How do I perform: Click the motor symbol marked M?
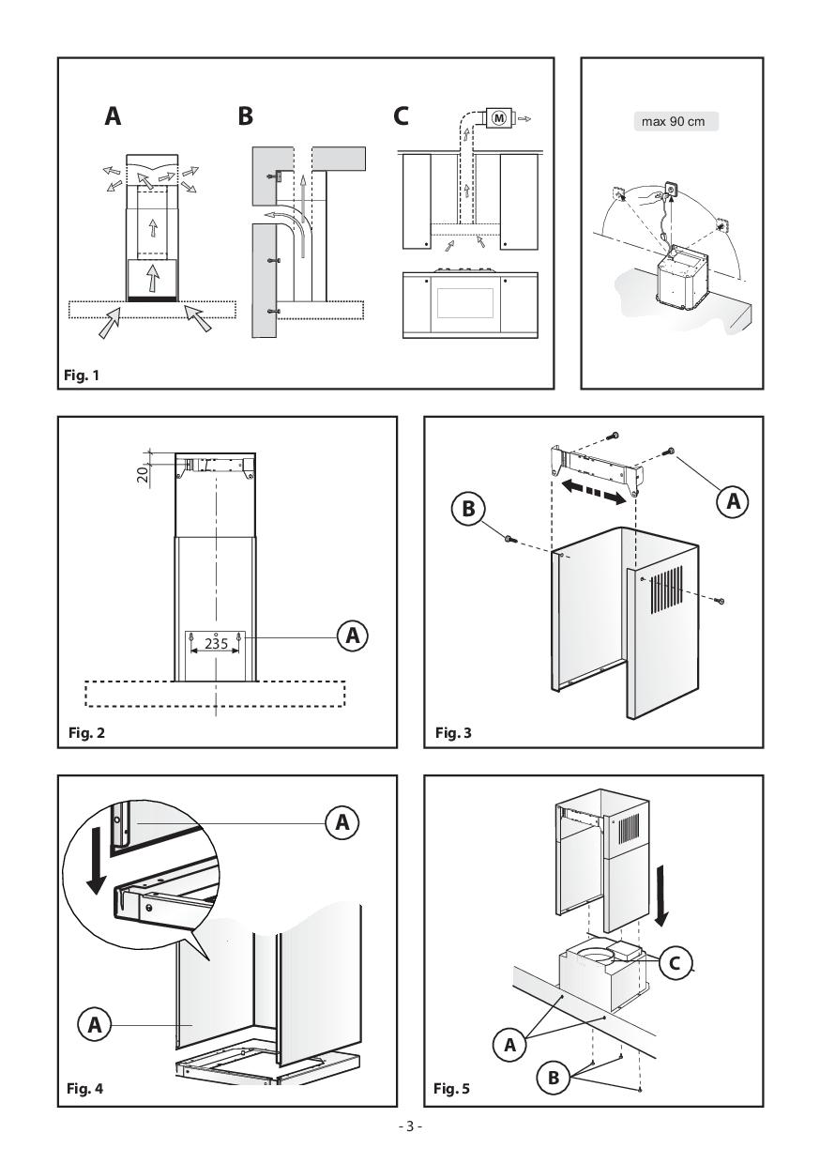pos(499,118)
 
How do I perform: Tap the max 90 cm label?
pos(673,122)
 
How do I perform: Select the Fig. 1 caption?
pos(81,375)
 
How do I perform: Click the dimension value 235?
pos(216,644)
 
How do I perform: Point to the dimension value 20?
pos(143,473)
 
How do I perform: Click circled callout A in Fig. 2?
pos(352,635)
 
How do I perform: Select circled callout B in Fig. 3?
pos(468,508)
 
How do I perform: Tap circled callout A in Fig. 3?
pos(733,501)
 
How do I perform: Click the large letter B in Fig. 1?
pos(245,116)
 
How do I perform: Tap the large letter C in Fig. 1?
pos(401,116)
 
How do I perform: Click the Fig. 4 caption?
pos(84,1088)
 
